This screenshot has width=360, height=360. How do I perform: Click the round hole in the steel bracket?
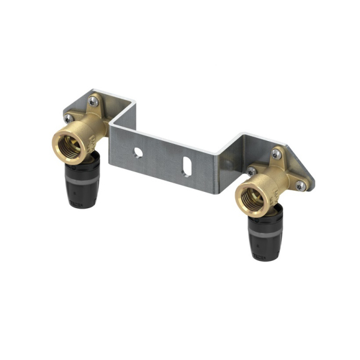pyautogui.click(x=139, y=152)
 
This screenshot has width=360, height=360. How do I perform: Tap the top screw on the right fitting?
pyautogui.click(x=275, y=154)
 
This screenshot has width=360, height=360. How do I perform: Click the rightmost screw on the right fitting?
pyautogui.click(x=301, y=186)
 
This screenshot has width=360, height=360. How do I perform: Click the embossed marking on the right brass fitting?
pyautogui.click(x=273, y=191)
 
